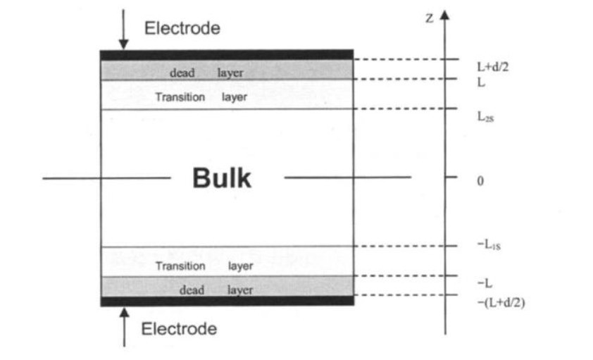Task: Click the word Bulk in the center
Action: coord(221,179)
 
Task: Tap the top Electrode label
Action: coord(182,29)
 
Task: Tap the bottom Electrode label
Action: coord(180,329)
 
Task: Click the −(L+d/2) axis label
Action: coord(501,303)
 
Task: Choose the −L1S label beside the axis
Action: coord(488,246)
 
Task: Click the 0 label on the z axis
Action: coord(480,181)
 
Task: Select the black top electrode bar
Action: coord(226,54)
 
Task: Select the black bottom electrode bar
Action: coord(226,301)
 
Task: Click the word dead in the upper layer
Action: coord(182,73)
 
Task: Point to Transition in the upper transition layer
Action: coord(180,97)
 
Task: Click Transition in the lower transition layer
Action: coord(180,266)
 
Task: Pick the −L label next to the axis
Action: coord(485,283)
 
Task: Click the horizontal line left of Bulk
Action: coord(106,178)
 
